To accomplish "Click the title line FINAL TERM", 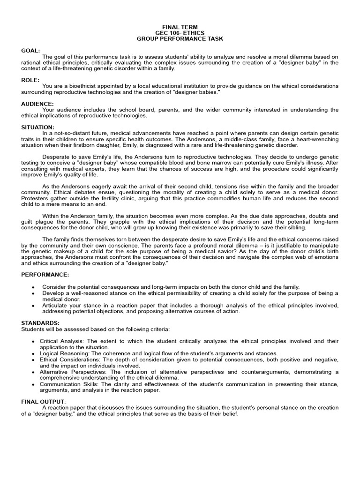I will [180, 28].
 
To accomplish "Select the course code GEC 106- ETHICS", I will [180, 33].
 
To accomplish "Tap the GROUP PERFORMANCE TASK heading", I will [180, 39].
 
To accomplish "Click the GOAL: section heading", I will [31, 50].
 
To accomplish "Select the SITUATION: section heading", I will [38, 127].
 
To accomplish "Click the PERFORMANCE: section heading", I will [45, 274].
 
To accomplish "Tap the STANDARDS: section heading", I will [41, 323].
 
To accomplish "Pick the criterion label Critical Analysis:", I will [62, 341].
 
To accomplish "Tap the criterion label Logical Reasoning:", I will [65, 353].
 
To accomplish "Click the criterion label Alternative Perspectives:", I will [74, 372].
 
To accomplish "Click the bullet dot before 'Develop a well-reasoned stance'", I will [33, 293].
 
